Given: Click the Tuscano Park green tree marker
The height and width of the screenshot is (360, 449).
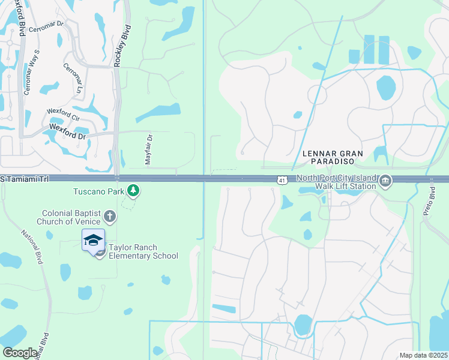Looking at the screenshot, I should pos(133,191).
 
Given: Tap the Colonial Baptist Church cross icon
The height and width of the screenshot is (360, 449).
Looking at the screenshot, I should pos(109,216).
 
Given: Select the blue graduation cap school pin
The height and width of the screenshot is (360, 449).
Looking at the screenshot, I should pos(93,241).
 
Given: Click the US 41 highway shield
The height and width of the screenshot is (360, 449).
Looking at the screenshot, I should pos(282,179).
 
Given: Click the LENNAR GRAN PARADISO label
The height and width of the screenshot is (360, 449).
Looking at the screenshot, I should pos(333,154).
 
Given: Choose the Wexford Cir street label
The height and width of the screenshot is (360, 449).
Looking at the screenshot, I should pos(63,112).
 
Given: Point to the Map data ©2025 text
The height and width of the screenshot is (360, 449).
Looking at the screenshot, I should pos(423,355).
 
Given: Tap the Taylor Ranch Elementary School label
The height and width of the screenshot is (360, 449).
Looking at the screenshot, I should pos(143,251).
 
